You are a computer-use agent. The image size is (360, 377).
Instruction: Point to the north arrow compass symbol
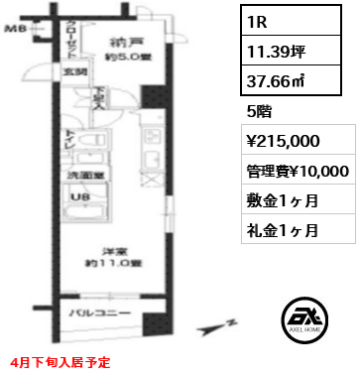click(220, 328)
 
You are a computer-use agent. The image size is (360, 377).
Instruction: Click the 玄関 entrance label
click(75, 71)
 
